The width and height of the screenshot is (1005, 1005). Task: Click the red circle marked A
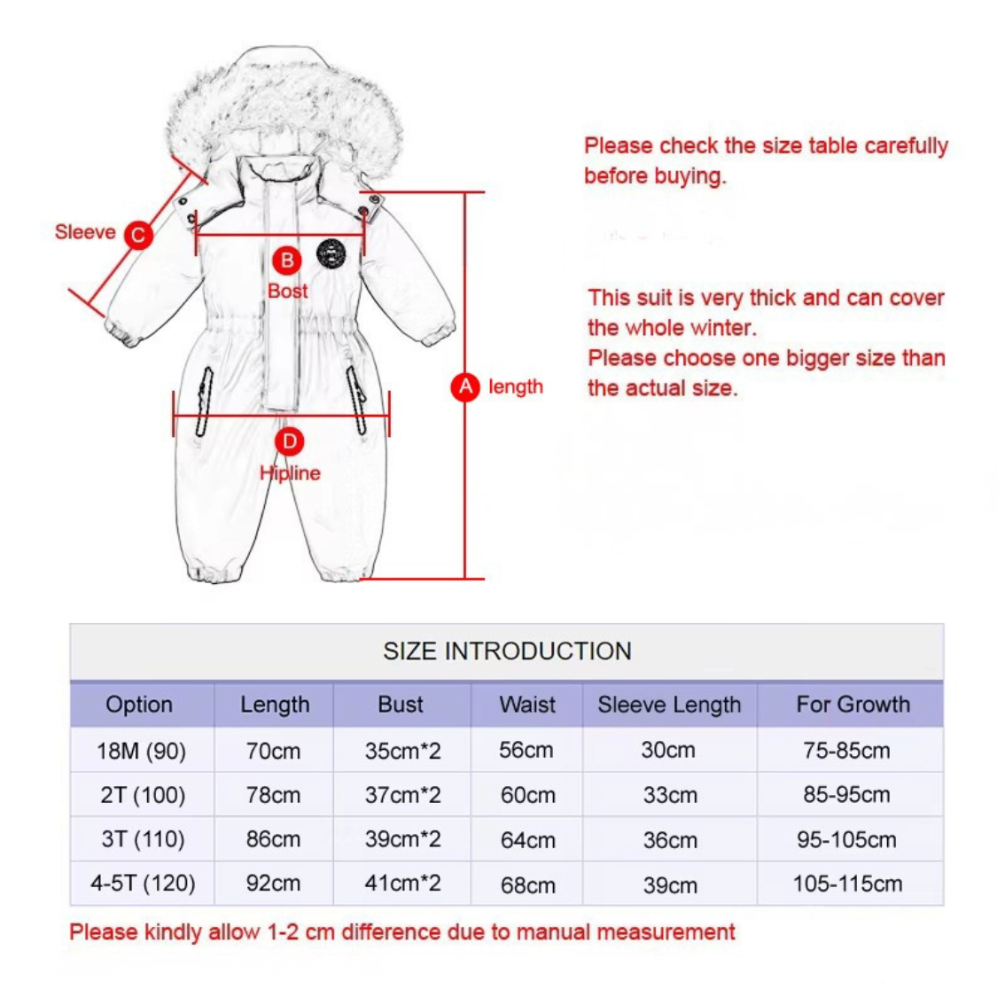pyautogui.click(x=465, y=387)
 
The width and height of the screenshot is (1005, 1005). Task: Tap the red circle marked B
pyautogui.click(x=286, y=261)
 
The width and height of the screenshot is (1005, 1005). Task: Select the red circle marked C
pyautogui.click(x=138, y=235)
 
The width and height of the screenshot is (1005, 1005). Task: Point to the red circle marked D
pyautogui.click(x=289, y=441)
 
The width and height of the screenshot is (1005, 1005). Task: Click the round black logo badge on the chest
pyautogui.click(x=331, y=253)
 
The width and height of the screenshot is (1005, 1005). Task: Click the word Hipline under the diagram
pyautogui.click(x=290, y=473)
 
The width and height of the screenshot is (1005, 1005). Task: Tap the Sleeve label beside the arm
pyautogui.click(x=85, y=232)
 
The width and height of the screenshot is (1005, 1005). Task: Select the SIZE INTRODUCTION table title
pyautogui.click(x=507, y=651)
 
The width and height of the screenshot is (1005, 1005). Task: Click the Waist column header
pyautogui.click(x=527, y=705)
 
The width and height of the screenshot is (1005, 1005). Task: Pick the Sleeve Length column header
pyautogui.click(x=669, y=705)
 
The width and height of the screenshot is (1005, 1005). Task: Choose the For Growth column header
pyautogui.click(x=853, y=705)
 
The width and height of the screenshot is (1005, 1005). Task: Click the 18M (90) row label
pyautogui.click(x=142, y=752)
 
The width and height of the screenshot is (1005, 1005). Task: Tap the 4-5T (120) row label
pyautogui.click(x=142, y=884)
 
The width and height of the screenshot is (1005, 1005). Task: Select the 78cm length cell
pyautogui.click(x=273, y=796)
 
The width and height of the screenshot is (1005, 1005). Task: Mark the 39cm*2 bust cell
pyautogui.click(x=402, y=839)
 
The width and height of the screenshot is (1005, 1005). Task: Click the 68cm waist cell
pyautogui.click(x=528, y=884)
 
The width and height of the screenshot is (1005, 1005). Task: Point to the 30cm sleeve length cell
pyautogui.click(x=668, y=751)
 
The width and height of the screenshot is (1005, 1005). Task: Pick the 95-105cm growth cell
pyautogui.click(x=846, y=839)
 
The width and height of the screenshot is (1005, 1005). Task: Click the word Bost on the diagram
pyautogui.click(x=287, y=291)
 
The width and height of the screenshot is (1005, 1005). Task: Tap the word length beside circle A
pyautogui.click(x=516, y=387)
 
